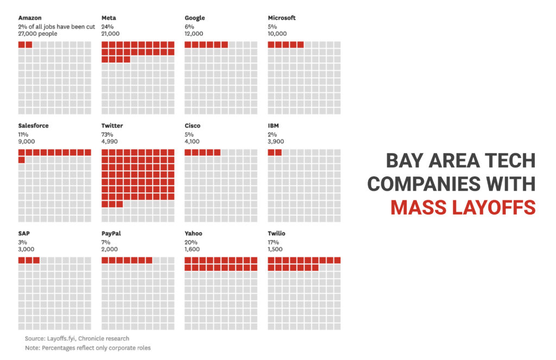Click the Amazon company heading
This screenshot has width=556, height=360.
tap(29, 18)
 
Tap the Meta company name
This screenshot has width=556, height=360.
tap(109, 18)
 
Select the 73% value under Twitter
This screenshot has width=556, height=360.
tap(107, 134)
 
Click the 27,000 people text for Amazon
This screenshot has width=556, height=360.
tap(37, 34)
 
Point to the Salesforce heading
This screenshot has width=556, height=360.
tap(33, 125)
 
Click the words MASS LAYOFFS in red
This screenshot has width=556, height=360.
tap(463, 207)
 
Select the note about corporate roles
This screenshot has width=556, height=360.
tap(87, 348)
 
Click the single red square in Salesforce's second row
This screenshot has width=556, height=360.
tap(21, 160)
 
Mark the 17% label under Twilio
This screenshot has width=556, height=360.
tap(273, 242)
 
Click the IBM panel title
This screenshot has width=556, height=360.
tap(273, 125)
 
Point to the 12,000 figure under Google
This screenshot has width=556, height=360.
tap(194, 34)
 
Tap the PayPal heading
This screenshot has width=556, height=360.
tap(111, 233)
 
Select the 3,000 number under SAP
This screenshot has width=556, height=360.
tap(26, 249)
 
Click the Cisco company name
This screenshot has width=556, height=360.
tap(192, 125)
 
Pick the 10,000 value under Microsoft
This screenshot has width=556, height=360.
tap(277, 34)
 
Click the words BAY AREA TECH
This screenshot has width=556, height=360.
tap(460, 161)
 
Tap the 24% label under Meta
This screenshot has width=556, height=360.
tap(107, 26)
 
